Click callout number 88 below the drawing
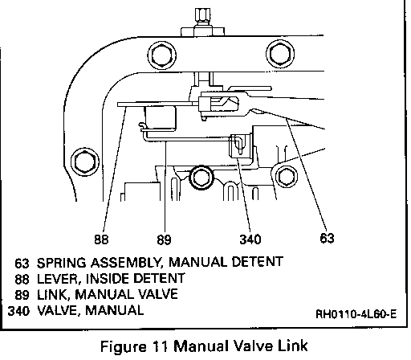[101, 239]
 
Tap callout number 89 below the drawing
[164, 239]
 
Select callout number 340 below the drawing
[250, 239]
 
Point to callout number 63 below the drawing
[327, 238]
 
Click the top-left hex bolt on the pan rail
[162, 55]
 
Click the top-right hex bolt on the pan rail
[280, 54]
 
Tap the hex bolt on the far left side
[85, 162]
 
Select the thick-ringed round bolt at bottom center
[201, 178]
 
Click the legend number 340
[18, 311]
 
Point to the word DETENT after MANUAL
[257, 262]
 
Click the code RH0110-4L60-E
[356, 314]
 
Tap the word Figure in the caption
[124, 346]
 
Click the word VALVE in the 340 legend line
[59, 310]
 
